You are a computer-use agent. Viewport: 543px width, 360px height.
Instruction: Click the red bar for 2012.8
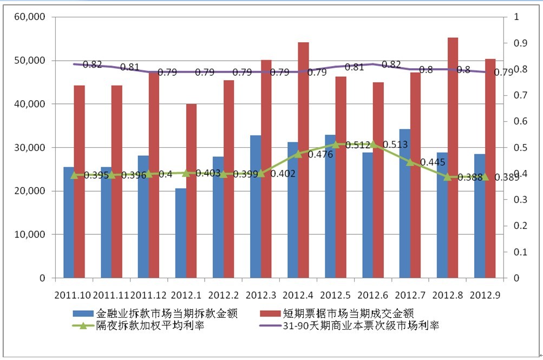(453, 158)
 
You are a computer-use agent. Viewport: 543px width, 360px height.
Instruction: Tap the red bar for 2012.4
(303, 160)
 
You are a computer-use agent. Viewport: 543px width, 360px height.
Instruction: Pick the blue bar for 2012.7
(405, 204)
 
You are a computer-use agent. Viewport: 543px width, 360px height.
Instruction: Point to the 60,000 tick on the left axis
(30, 17)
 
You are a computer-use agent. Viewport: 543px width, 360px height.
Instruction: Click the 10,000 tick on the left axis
(30, 235)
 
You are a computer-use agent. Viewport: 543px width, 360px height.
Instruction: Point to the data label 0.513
(395, 145)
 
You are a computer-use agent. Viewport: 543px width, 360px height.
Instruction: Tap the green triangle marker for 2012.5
(336, 145)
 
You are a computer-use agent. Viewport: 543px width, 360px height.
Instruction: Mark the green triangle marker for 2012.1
(186, 173)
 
